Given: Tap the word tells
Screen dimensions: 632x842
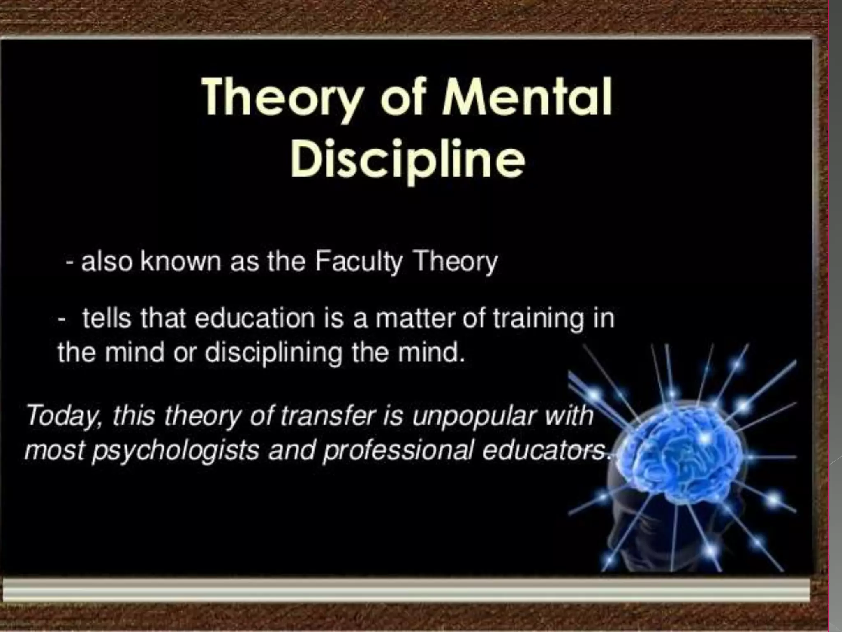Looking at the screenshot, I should coord(106,318).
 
